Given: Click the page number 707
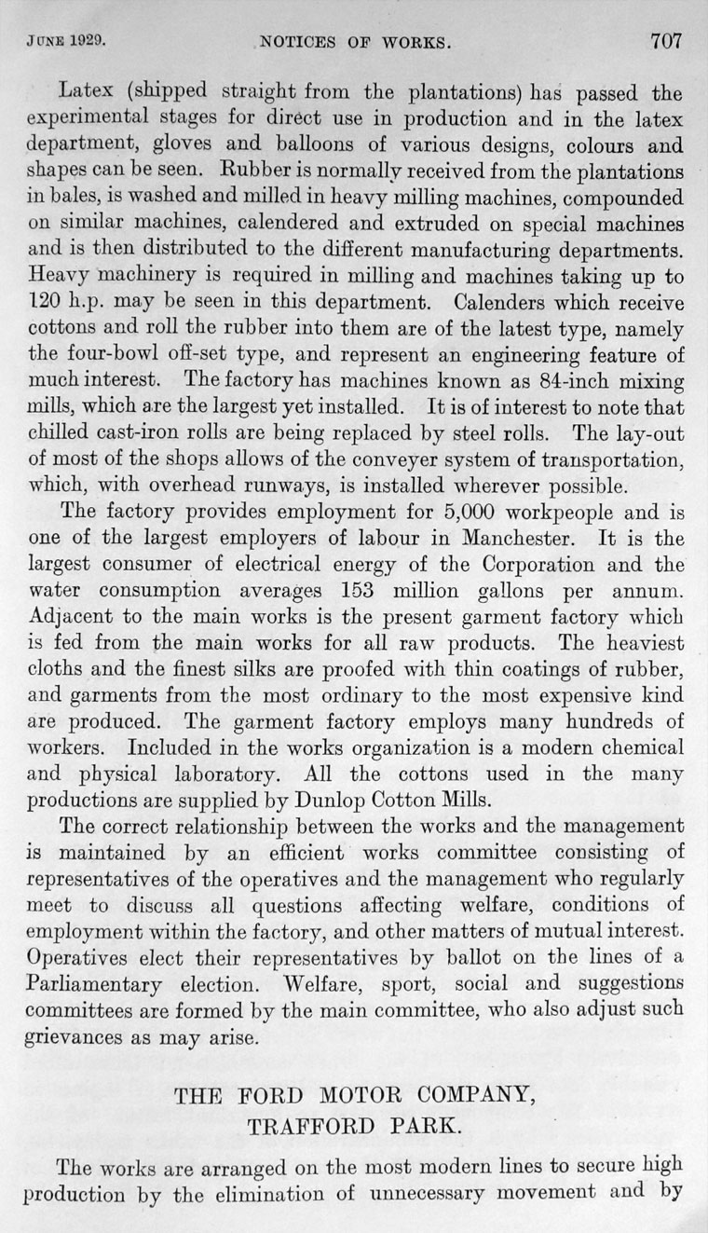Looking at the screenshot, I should point(666,41).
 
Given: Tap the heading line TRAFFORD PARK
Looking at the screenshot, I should point(354,1125).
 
